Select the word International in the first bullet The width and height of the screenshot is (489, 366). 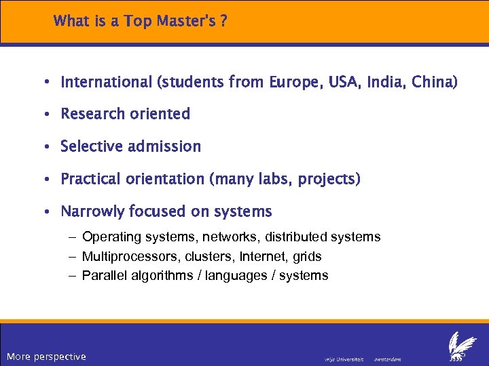click(107, 83)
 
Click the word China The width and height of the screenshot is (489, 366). click(435, 83)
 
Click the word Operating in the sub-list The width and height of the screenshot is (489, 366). click(109, 237)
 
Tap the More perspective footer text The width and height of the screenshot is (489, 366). click(46, 357)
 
